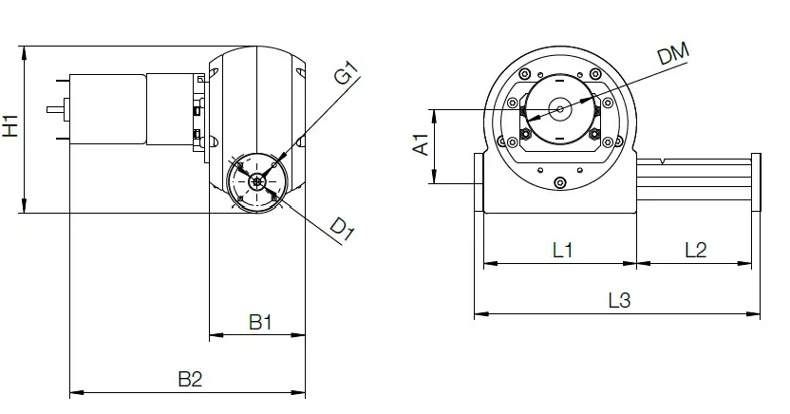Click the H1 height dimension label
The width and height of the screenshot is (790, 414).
coord(10,125)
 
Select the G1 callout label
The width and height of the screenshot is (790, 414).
coord(346,73)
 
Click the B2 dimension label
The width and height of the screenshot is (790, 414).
coord(190,379)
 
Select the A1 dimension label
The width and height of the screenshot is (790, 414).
coord(421,145)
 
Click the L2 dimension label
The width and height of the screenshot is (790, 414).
coord(695,250)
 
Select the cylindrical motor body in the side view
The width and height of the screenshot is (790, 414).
coord(106,108)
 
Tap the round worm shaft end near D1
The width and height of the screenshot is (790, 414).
coord(257,181)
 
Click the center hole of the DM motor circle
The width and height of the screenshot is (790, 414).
coord(560,109)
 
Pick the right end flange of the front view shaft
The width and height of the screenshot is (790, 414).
coord(756,182)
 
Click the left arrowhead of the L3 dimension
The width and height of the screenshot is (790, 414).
coord(478,312)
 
